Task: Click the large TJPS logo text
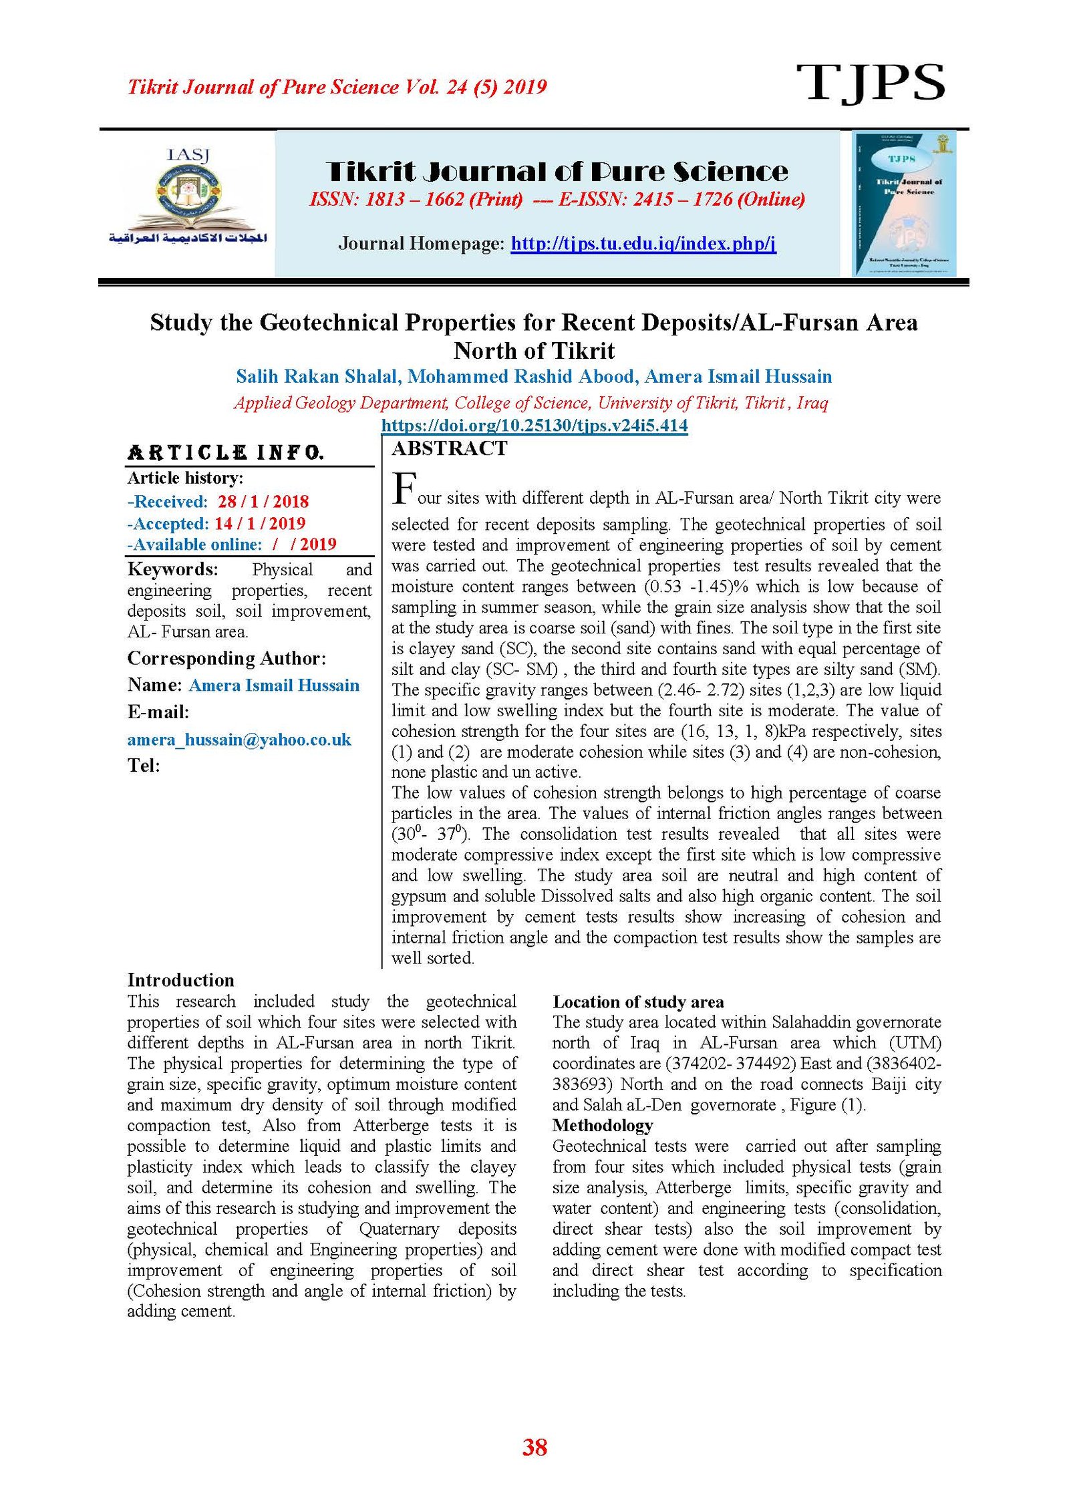coord(869,84)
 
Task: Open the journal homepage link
coord(643,243)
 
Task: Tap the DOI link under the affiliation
coord(534,425)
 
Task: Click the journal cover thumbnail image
coord(904,203)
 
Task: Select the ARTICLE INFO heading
coord(225,453)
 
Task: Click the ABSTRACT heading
coord(450,448)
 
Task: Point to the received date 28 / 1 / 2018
coord(263,501)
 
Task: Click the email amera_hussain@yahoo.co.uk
coord(239,739)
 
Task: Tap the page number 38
coord(534,1447)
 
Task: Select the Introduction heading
coord(180,979)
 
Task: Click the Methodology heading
coord(602,1125)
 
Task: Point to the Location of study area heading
coord(637,1002)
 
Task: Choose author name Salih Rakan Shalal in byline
coord(317,377)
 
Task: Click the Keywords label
coord(172,569)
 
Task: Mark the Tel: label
coord(144,765)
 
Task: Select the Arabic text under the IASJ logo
coord(188,239)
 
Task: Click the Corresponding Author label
coord(226,658)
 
